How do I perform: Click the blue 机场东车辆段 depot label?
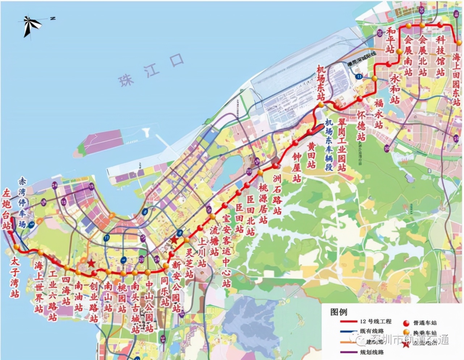point(329,145)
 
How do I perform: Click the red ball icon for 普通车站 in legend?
point(406,322)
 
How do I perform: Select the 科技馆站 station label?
point(440,56)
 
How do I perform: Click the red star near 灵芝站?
point(174,240)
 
